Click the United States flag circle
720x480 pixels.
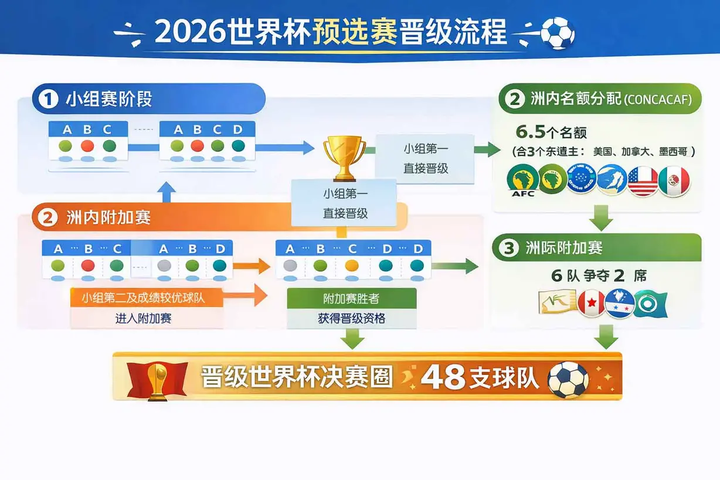643,181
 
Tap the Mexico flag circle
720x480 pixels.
674,181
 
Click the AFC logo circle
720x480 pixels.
522,181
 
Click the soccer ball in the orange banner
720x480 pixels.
568,379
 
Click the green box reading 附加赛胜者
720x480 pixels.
352,298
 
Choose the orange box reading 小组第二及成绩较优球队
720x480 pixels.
146,298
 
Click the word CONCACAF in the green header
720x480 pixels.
657,100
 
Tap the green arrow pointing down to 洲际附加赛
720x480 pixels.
601,219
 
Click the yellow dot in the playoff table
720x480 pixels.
351,265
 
